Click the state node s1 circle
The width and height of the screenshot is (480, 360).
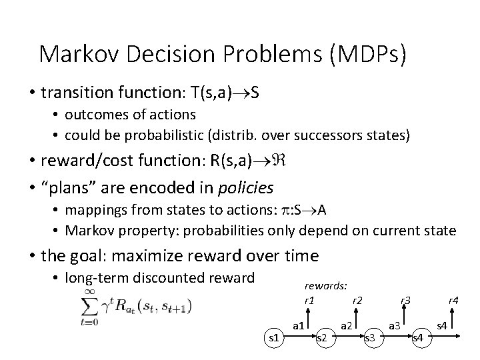(273, 338)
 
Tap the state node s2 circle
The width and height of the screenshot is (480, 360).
(321, 338)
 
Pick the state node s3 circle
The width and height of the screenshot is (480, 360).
(371, 338)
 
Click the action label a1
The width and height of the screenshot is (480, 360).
(299, 325)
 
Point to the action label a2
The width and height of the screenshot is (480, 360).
(347, 325)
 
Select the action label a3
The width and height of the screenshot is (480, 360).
(394, 325)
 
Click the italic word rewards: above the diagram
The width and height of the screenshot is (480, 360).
(325, 285)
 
